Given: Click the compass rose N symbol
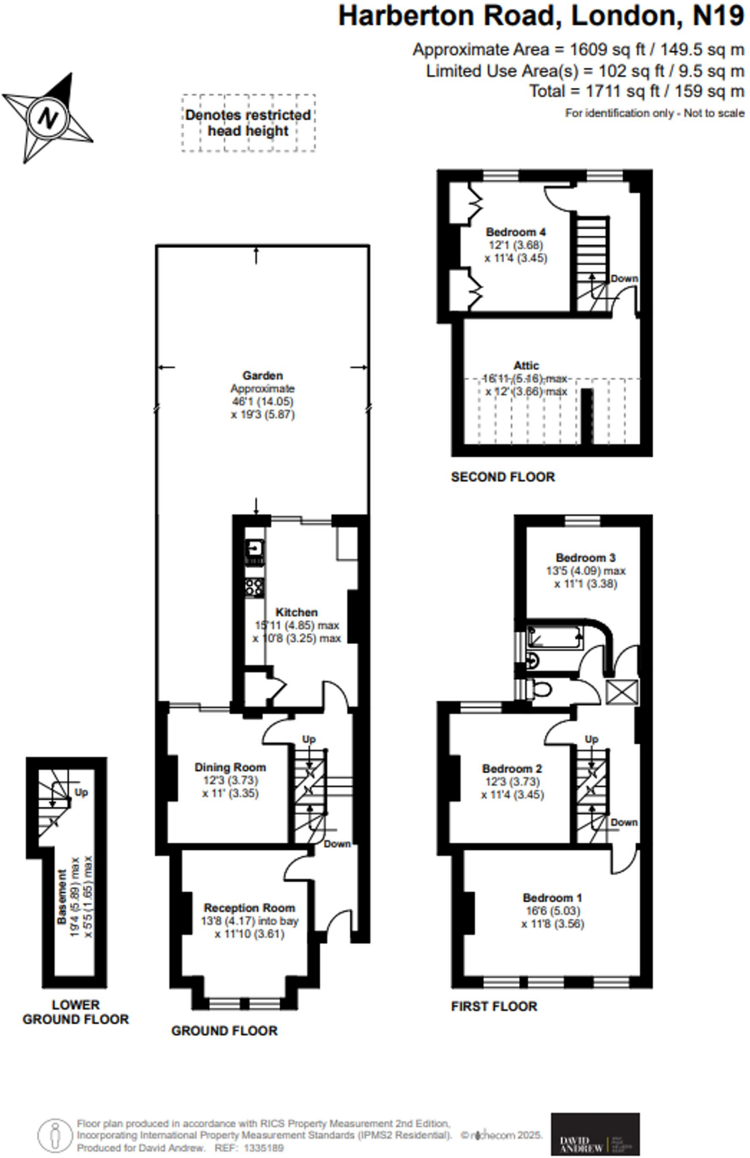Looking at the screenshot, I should [47, 118].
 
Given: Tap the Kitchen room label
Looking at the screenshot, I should [296, 612].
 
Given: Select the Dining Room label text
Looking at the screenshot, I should [230, 767].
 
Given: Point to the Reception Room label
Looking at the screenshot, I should [249, 908].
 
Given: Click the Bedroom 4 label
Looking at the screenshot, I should [515, 232].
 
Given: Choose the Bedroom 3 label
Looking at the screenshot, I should [585, 558].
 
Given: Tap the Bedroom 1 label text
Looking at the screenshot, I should [552, 897].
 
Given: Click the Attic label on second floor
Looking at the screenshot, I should [526, 366].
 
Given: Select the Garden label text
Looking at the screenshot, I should [262, 375].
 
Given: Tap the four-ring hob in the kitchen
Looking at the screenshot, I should [254, 587].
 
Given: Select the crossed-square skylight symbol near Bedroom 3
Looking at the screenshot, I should [622, 692].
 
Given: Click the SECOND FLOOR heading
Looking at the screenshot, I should [502, 477].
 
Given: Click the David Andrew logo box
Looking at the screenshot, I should [595, 1134].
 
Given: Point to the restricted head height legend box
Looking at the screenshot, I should [248, 123].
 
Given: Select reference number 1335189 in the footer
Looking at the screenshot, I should [263, 1148].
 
